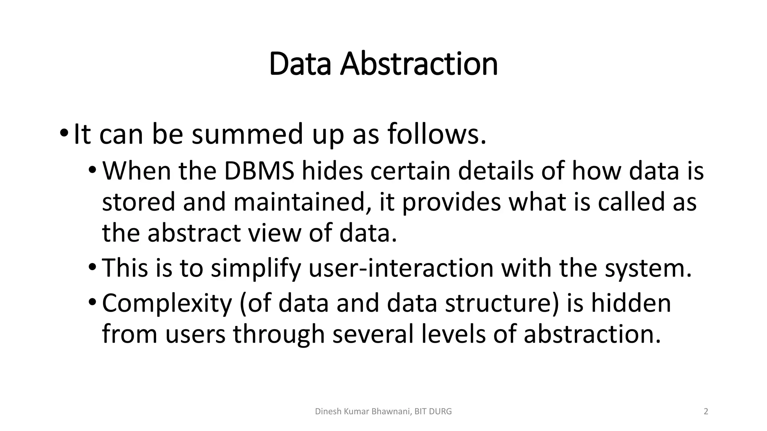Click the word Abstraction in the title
pos(419,64)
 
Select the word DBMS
pos(259,171)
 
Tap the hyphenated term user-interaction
pos(401,268)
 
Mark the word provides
pos(451,202)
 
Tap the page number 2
pos(706,412)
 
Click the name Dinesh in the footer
pos(327,412)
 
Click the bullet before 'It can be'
pos(64,134)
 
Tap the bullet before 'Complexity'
pos(93,303)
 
